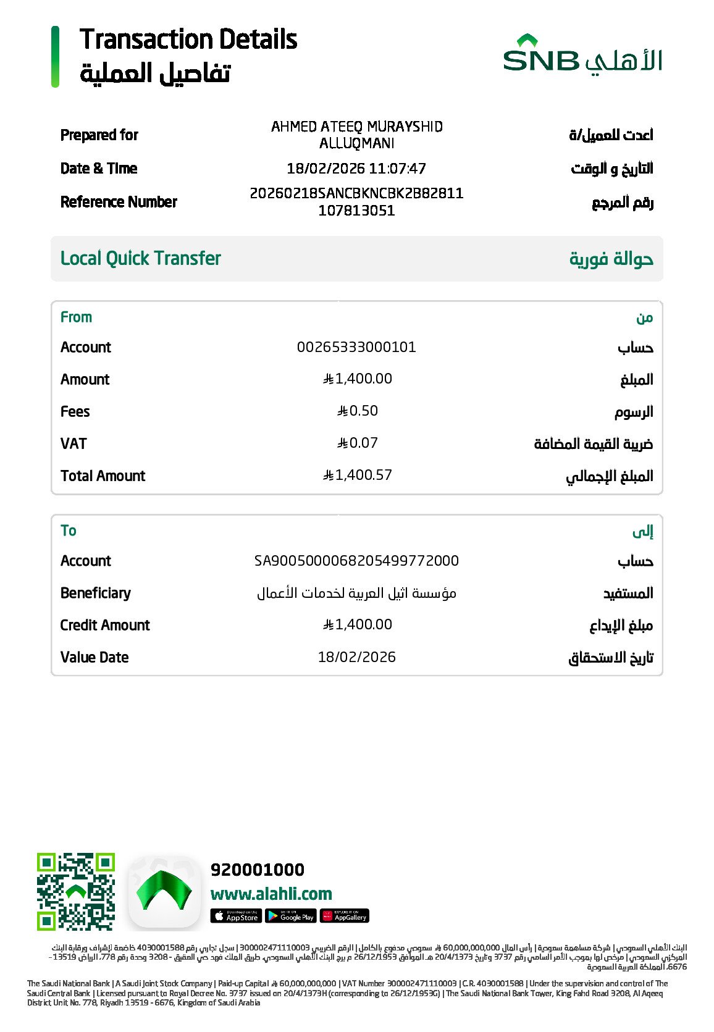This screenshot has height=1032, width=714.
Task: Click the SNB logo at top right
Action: pyautogui.click(x=582, y=55)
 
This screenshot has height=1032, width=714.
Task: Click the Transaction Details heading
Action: pyautogui.click(x=188, y=40)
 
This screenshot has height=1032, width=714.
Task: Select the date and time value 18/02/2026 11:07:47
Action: pyautogui.click(x=356, y=169)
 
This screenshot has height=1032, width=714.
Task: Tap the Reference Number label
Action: pyautogui.click(x=119, y=202)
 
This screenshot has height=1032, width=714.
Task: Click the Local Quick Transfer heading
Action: pyautogui.click(x=141, y=258)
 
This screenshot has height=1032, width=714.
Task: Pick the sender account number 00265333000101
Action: pyautogui.click(x=356, y=347)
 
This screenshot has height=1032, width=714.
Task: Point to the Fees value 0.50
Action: pyautogui.click(x=358, y=411)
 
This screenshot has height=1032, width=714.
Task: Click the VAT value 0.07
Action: pyautogui.click(x=358, y=443)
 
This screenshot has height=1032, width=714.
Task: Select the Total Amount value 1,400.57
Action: pyautogui.click(x=358, y=475)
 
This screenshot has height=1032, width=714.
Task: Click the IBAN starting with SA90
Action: pyautogui.click(x=356, y=561)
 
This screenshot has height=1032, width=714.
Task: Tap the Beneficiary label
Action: pyautogui.click(x=96, y=593)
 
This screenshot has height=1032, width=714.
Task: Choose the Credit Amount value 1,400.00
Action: pyautogui.click(x=358, y=624)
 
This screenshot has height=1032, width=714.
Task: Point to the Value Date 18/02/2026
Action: pyautogui.click(x=356, y=657)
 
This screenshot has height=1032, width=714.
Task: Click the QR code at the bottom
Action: pyautogui.click(x=76, y=891)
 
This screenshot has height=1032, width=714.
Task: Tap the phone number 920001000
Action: pyautogui.click(x=258, y=870)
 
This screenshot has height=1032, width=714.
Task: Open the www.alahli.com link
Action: pyautogui.click(x=271, y=894)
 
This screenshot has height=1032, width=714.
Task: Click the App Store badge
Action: pyautogui.click(x=235, y=916)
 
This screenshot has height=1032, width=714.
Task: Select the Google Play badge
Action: pyautogui.click(x=290, y=916)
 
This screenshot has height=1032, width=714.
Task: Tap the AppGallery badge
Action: pyautogui.click(x=345, y=916)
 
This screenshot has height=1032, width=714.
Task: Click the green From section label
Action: pyautogui.click(x=76, y=317)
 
